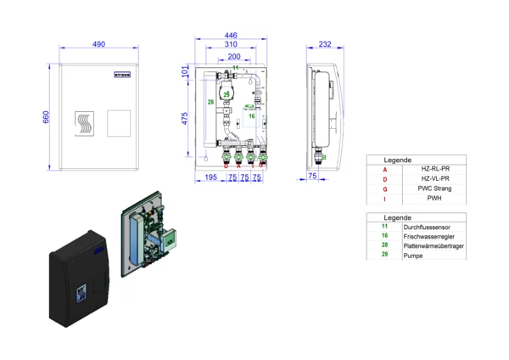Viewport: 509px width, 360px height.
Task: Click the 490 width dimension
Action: click(x=100, y=44)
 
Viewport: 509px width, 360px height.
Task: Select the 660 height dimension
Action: click(x=47, y=116)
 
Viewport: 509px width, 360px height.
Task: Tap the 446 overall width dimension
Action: click(x=231, y=36)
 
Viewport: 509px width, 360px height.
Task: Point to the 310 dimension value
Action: click(x=231, y=45)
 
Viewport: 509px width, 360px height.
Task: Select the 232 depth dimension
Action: click(x=325, y=44)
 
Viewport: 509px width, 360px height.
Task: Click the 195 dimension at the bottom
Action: click(x=211, y=177)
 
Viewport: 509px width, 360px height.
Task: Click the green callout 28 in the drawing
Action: click(x=211, y=103)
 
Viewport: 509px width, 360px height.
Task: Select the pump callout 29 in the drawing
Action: click(x=227, y=93)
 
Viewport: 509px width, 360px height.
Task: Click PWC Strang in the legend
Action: click(x=434, y=188)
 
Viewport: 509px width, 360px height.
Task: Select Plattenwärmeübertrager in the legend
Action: click(x=433, y=245)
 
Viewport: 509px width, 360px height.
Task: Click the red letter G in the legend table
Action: click(x=384, y=188)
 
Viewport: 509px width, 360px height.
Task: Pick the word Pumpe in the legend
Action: click(x=414, y=255)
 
